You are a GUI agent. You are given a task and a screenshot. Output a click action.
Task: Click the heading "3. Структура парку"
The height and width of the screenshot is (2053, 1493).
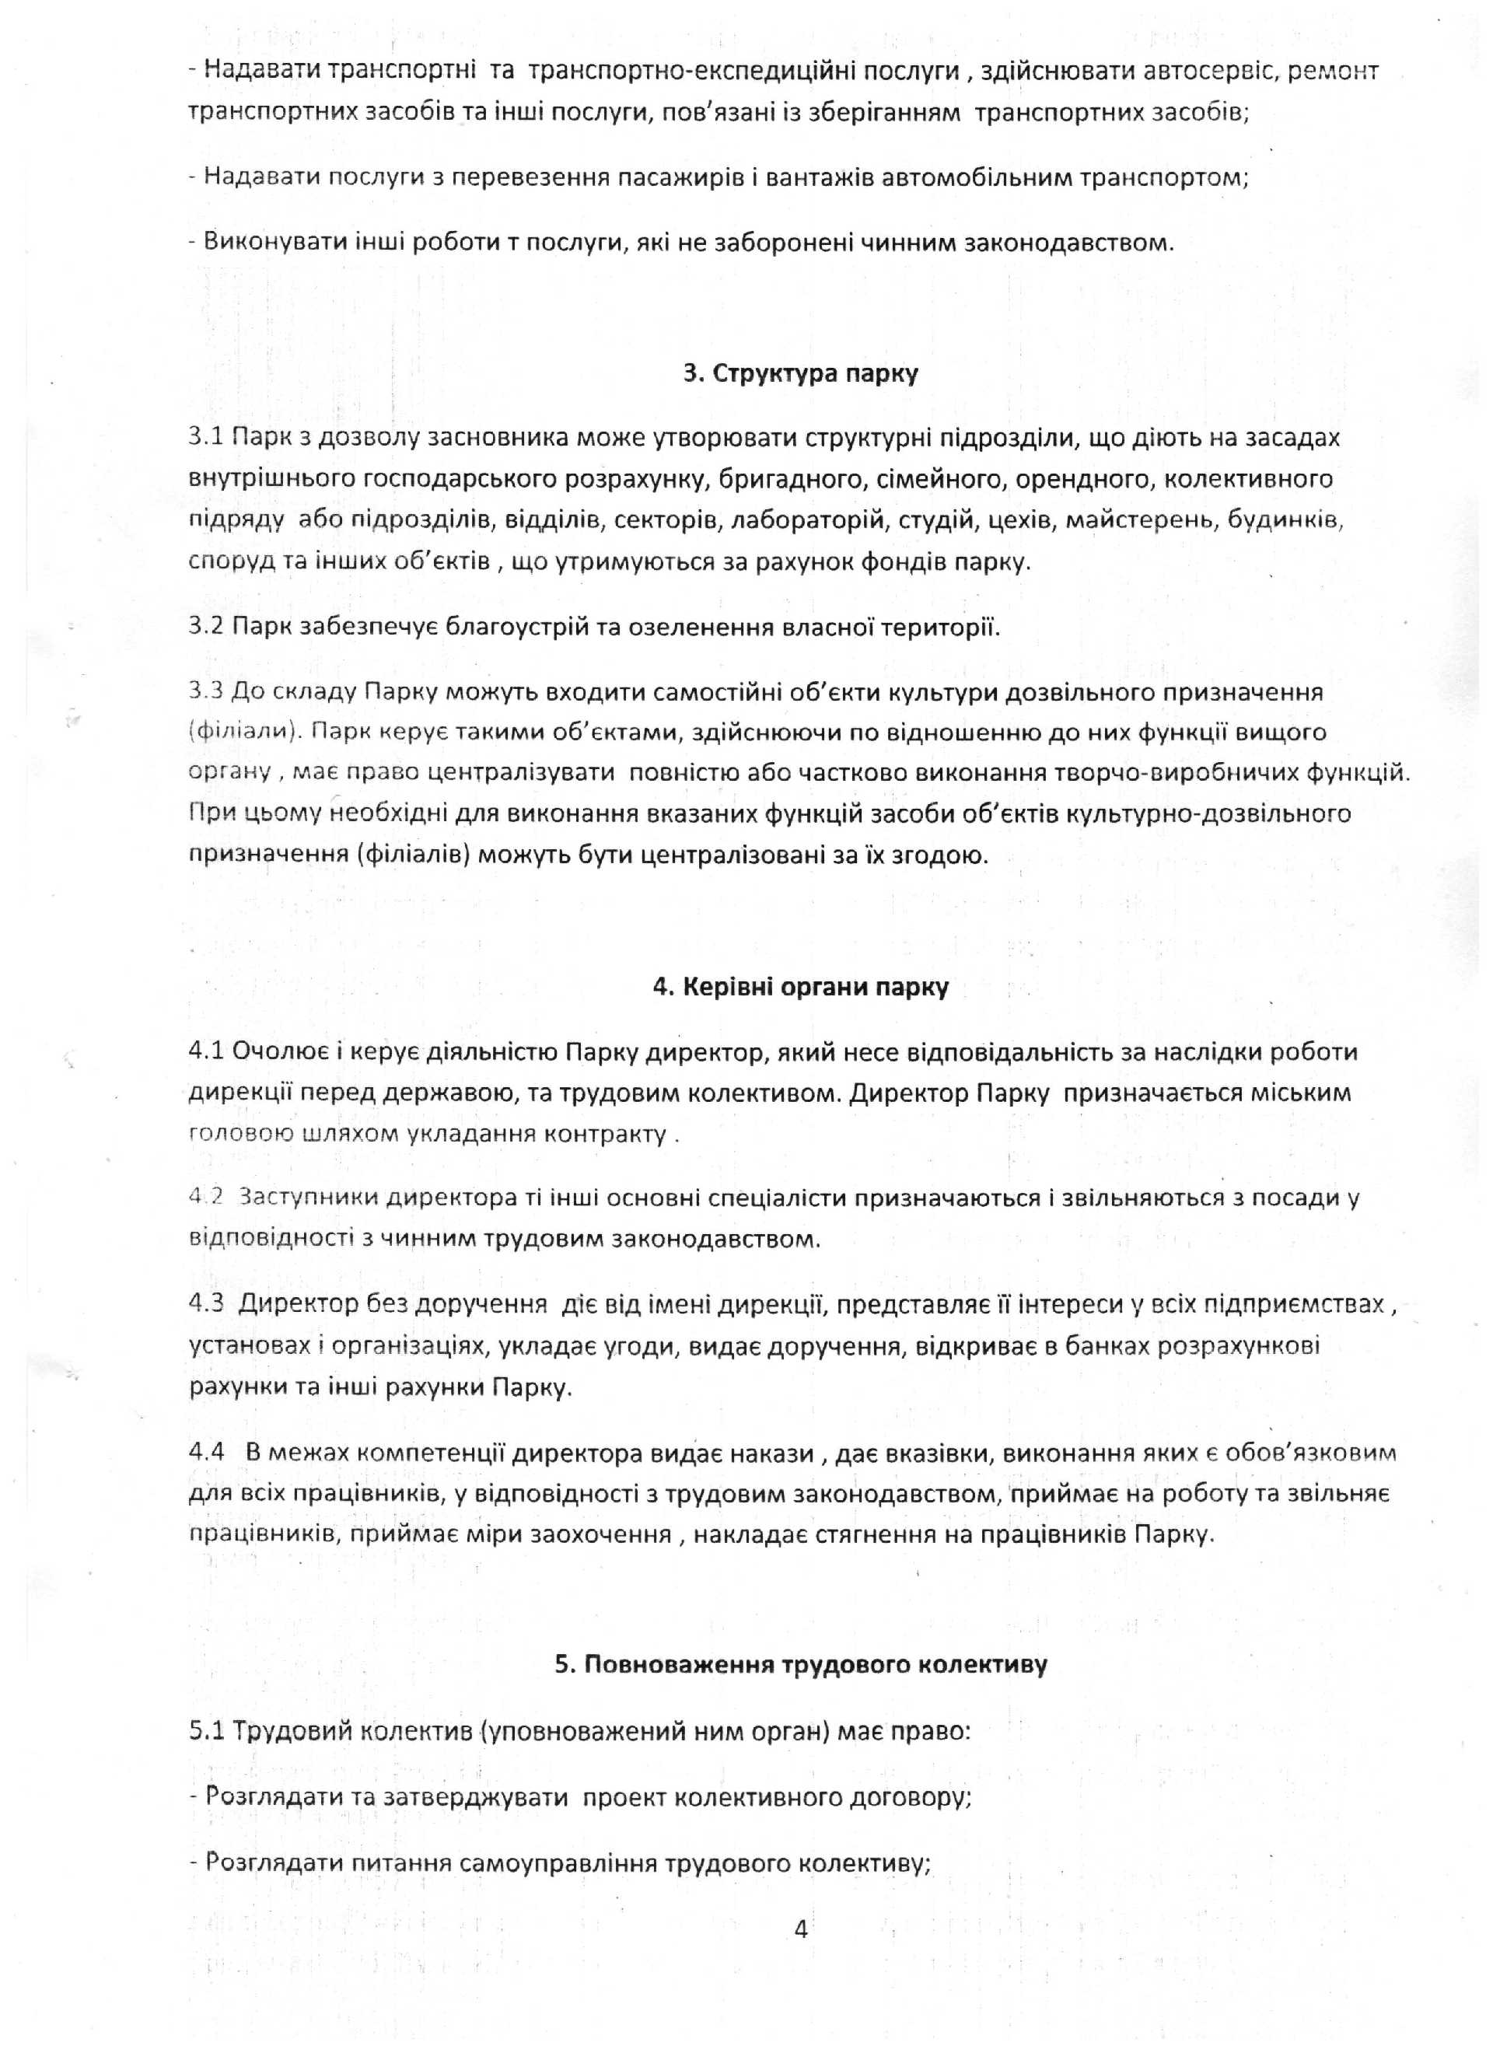pyautogui.click(x=799, y=374)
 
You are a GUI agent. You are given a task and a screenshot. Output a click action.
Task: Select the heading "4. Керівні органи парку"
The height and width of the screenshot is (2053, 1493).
pyautogui.click(x=800, y=987)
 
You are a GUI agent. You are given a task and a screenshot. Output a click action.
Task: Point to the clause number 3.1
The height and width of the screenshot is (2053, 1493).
pyautogui.click(x=206, y=438)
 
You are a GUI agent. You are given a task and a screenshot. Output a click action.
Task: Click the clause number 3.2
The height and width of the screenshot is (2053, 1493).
pyautogui.click(x=206, y=627)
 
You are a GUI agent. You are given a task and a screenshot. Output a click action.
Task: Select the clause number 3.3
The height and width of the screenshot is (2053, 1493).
pyautogui.click(x=206, y=692)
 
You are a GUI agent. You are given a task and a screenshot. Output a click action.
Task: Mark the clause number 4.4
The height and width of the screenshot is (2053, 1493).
pyautogui.click(x=206, y=1453)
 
